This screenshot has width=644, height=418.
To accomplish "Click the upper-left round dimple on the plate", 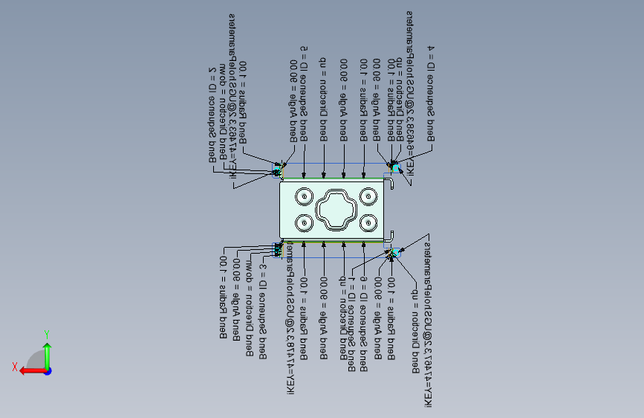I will [304, 196].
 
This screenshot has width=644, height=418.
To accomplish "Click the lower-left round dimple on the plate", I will [304, 222].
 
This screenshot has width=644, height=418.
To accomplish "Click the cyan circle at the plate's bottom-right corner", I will [394, 254].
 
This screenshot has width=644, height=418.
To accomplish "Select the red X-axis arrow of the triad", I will [30, 370].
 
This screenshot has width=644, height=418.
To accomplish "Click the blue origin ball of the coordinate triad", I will [48, 370].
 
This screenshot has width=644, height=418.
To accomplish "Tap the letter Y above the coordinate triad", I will [46, 334].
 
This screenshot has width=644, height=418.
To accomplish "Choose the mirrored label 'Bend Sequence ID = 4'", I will [431, 93].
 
